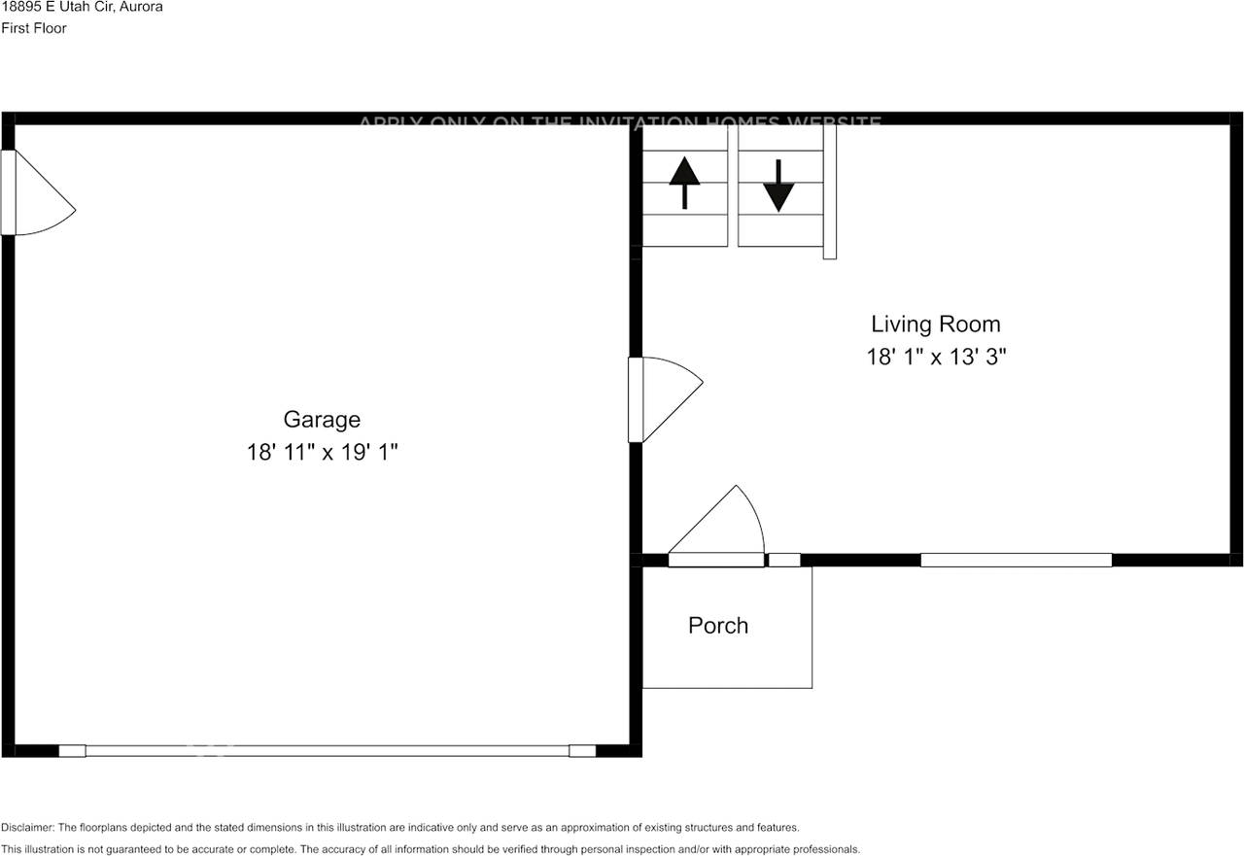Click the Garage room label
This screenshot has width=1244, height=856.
(322, 420)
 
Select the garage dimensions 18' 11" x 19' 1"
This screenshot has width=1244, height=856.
(322, 453)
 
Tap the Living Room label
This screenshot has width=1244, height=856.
(935, 325)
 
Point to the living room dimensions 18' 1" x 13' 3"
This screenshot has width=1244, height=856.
(935, 358)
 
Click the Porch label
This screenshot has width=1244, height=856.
(718, 626)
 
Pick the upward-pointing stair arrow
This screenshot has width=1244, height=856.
(684, 183)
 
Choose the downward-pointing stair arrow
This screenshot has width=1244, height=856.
(778, 185)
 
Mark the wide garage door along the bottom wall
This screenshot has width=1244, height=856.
(327, 750)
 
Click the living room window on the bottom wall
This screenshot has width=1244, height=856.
(1016, 560)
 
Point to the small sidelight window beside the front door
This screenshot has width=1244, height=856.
(784, 560)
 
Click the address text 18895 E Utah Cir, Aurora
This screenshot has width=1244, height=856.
(82, 7)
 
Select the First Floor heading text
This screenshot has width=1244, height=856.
(34, 28)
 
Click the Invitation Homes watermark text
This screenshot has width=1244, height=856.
(620, 123)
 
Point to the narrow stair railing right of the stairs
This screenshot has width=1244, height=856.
(830, 191)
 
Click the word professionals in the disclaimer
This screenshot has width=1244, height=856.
(823, 849)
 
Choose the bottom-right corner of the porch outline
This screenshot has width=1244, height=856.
(812, 688)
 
